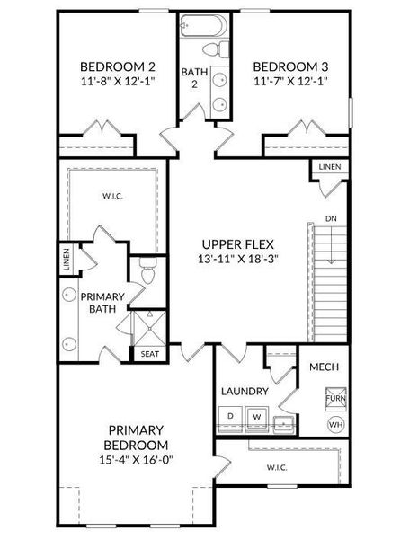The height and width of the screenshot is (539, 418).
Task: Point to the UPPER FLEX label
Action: point(237,244)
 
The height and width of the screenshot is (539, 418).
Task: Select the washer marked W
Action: point(256,416)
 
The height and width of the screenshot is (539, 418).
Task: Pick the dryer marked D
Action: point(230,416)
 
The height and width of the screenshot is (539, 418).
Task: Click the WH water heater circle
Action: point(335,424)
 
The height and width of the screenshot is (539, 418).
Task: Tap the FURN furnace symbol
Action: point(335,398)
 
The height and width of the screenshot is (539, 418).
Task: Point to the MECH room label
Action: point(324,368)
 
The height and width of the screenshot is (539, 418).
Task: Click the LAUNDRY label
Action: point(245,392)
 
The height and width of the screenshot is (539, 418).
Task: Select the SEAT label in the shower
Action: point(149,354)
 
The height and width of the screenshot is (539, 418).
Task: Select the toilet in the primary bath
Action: point(147,274)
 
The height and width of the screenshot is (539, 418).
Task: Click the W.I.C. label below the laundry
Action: point(276,467)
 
